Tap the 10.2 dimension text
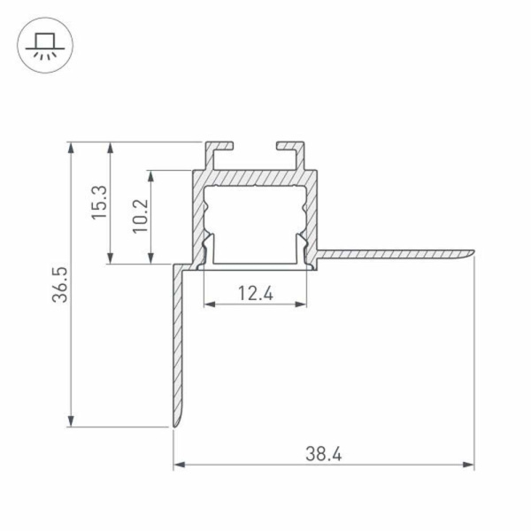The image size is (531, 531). click(x=140, y=215)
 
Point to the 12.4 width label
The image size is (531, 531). click(x=255, y=293)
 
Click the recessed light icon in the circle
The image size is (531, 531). click(x=43, y=44)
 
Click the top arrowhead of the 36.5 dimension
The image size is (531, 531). click(x=70, y=147)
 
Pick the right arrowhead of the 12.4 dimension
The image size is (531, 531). click(x=302, y=304)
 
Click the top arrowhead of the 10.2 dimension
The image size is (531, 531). click(x=152, y=175)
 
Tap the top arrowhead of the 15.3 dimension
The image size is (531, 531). click(x=110, y=147)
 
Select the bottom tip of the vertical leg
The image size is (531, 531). click(x=175, y=424)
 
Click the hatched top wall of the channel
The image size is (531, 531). click(x=255, y=178)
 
